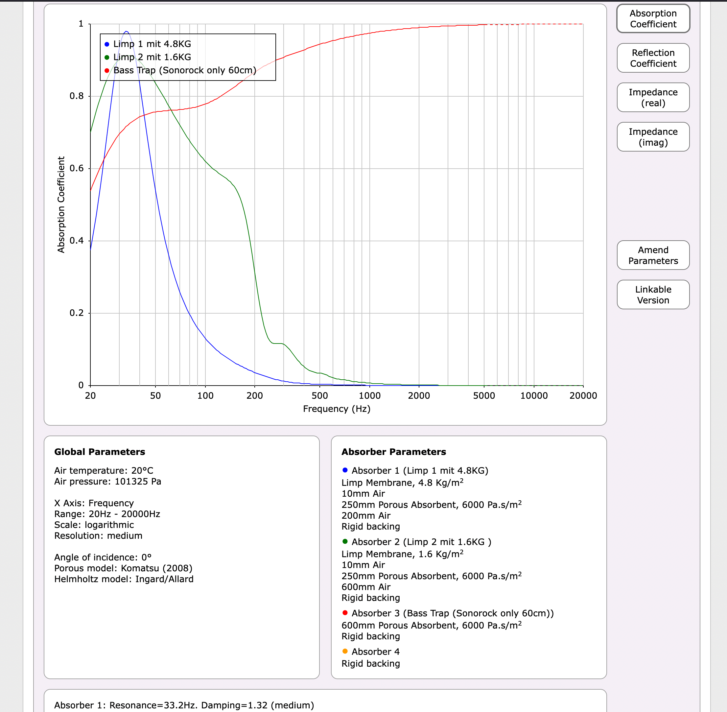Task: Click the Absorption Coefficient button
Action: coord(653,19)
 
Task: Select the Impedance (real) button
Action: coord(653,98)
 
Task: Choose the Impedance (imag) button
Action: coord(653,137)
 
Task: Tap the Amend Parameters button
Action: coord(653,255)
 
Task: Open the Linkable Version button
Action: coord(653,295)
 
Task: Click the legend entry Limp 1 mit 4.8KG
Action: coord(152,44)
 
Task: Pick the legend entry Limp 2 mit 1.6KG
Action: coord(152,57)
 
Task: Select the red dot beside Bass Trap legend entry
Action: coord(107,70)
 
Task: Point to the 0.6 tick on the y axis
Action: coord(77,168)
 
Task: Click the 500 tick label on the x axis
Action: coord(320,396)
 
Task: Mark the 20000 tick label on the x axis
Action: coord(583,396)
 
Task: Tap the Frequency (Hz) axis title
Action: coord(337,409)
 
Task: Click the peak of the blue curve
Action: coord(127,32)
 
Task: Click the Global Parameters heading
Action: coord(100,452)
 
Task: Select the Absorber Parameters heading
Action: coord(393,452)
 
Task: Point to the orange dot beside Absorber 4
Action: coord(345,651)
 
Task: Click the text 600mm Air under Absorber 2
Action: coord(366,587)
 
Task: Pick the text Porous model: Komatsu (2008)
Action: coord(123,568)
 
